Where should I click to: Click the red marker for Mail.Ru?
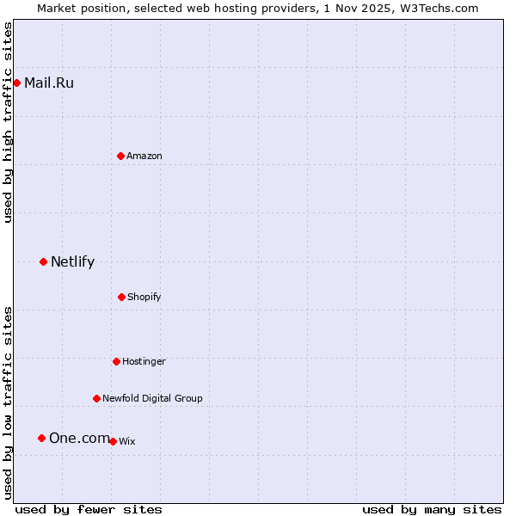point(16,83)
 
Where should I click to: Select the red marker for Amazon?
point(120,156)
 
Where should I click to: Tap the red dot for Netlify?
point(43,261)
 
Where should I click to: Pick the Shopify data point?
point(121,297)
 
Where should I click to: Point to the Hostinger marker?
point(116,361)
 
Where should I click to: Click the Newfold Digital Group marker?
point(96,398)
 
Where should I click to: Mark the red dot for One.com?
point(41,438)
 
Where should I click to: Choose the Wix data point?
point(113,441)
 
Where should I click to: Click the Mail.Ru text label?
point(49,83)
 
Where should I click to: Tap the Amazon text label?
point(144,156)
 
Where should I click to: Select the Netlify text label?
point(72,262)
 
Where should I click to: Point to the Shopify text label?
point(144,297)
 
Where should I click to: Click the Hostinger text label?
point(144,361)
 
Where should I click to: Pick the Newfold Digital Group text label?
point(152,398)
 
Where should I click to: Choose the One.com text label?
point(79,439)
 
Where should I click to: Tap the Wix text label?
point(127,441)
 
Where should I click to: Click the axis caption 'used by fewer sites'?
point(89,509)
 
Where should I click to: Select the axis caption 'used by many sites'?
point(432,509)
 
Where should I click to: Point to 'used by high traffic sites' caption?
point(8,122)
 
